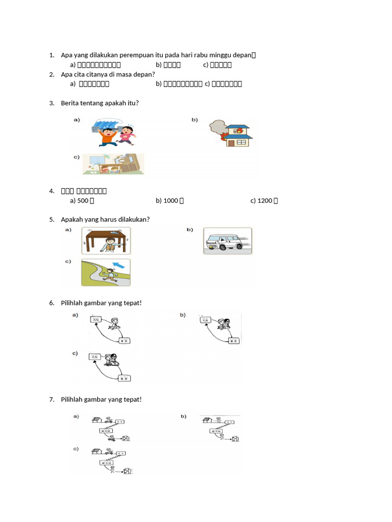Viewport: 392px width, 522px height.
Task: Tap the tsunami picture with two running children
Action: tap(113, 132)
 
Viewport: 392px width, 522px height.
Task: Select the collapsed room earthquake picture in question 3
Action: tap(113, 164)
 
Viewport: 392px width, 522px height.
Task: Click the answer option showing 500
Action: tap(82, 200)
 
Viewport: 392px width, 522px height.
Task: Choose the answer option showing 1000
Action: tap(169, 200)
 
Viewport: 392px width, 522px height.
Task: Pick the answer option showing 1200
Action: tap(264, 200)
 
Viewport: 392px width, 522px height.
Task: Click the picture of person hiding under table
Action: tap(106, 241)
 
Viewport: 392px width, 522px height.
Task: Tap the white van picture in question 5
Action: tap(227, 240)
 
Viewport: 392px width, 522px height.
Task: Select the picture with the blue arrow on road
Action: tap(106, 272)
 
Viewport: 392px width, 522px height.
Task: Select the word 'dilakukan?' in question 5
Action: tap(134, 219)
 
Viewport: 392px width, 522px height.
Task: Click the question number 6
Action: tap(52, 303)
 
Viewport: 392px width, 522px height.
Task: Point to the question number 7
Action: tap(52, 399)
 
